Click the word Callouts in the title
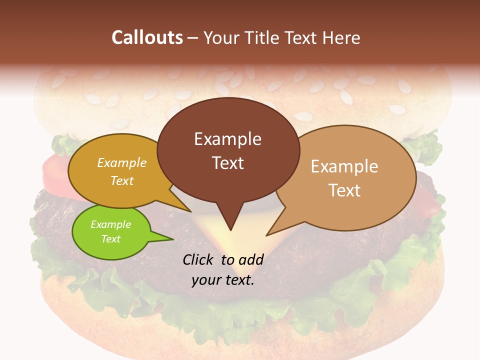(147, 37)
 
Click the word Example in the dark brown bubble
(227, 139)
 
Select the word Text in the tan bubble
(344, 190)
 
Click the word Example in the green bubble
(110, 224)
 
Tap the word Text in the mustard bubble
(122, 180)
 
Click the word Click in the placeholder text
(198, 259)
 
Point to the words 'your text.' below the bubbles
(223, 280)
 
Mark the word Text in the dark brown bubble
(228, 163)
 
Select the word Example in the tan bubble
(344, 166)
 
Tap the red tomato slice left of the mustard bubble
(54, 170)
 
